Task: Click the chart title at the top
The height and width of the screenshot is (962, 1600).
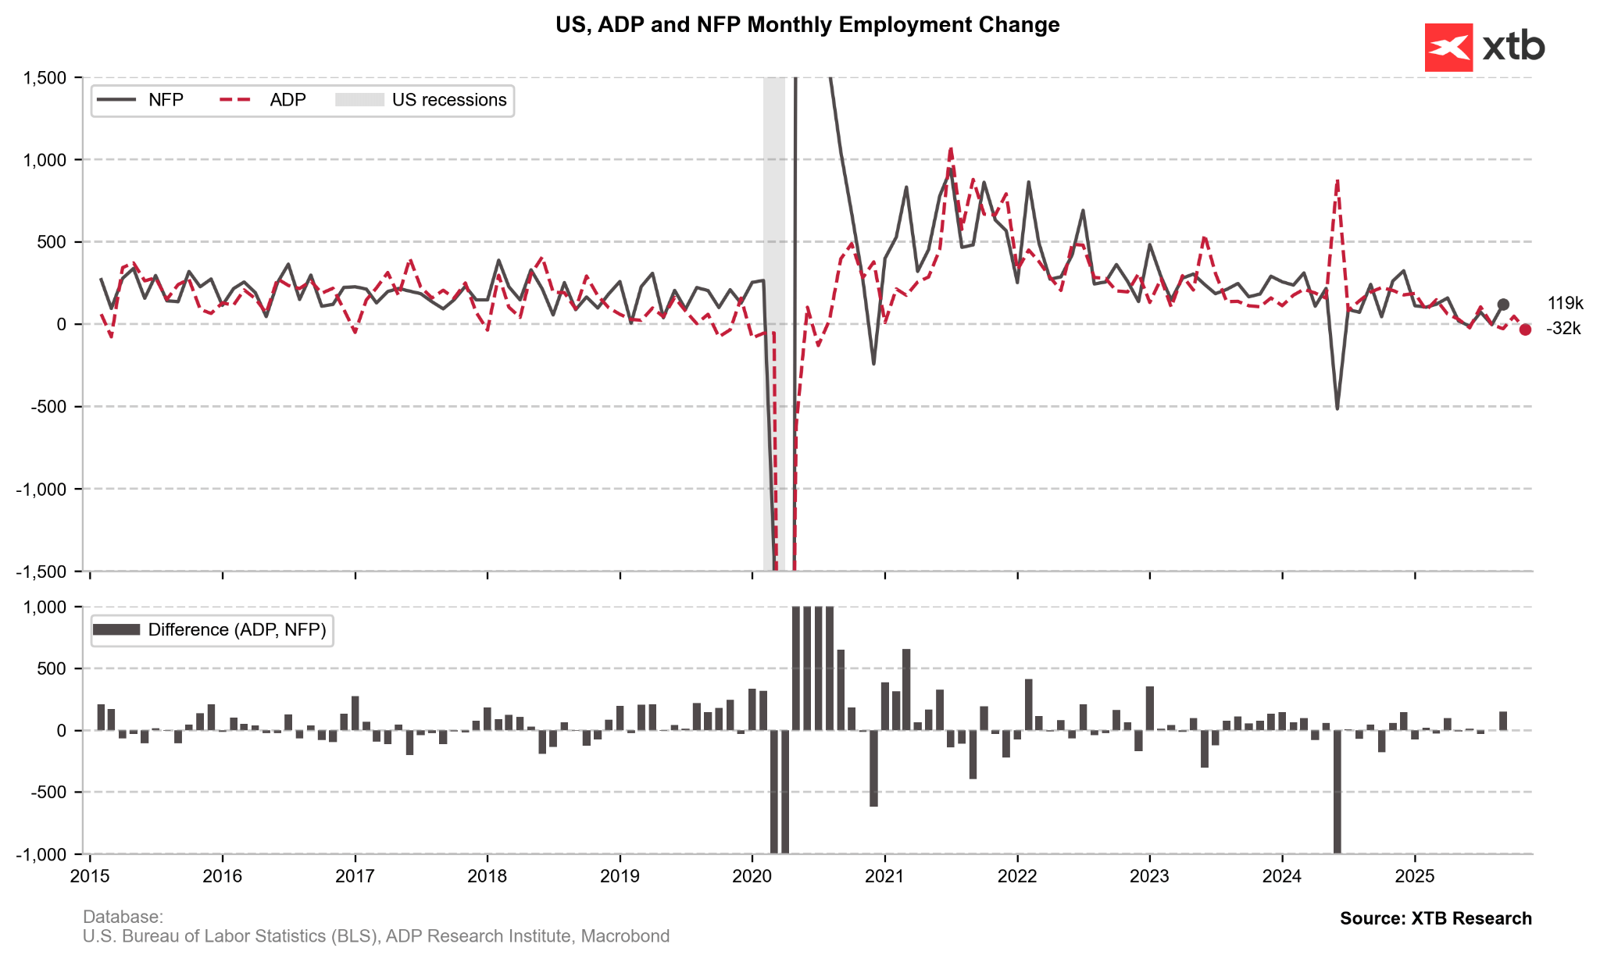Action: coord(807,25)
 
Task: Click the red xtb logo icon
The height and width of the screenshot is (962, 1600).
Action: coord(1448,48)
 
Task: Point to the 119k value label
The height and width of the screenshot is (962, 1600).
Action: coord(1565,304)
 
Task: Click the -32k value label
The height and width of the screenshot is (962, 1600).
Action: coord(1563,329)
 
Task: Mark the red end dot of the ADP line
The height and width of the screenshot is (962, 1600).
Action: coord(1525,330)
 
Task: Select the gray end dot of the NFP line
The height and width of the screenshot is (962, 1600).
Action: coord(1503,305)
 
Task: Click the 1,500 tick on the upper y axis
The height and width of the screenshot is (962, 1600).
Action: coord(44,77)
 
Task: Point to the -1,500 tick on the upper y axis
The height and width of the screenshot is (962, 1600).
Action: coord(41,571)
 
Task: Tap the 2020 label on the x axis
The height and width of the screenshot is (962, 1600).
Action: coord(752,876)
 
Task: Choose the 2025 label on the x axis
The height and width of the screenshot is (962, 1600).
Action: coord(1415,876)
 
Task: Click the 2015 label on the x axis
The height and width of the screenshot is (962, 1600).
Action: coord(90,876)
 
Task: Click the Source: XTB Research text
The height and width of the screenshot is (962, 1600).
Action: coord(1435,918)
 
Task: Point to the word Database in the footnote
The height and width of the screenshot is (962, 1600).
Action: coord(122,917)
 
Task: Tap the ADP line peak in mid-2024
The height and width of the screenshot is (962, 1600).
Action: coord(1337,180)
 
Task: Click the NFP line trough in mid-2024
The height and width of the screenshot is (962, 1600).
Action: coord(1337,408)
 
